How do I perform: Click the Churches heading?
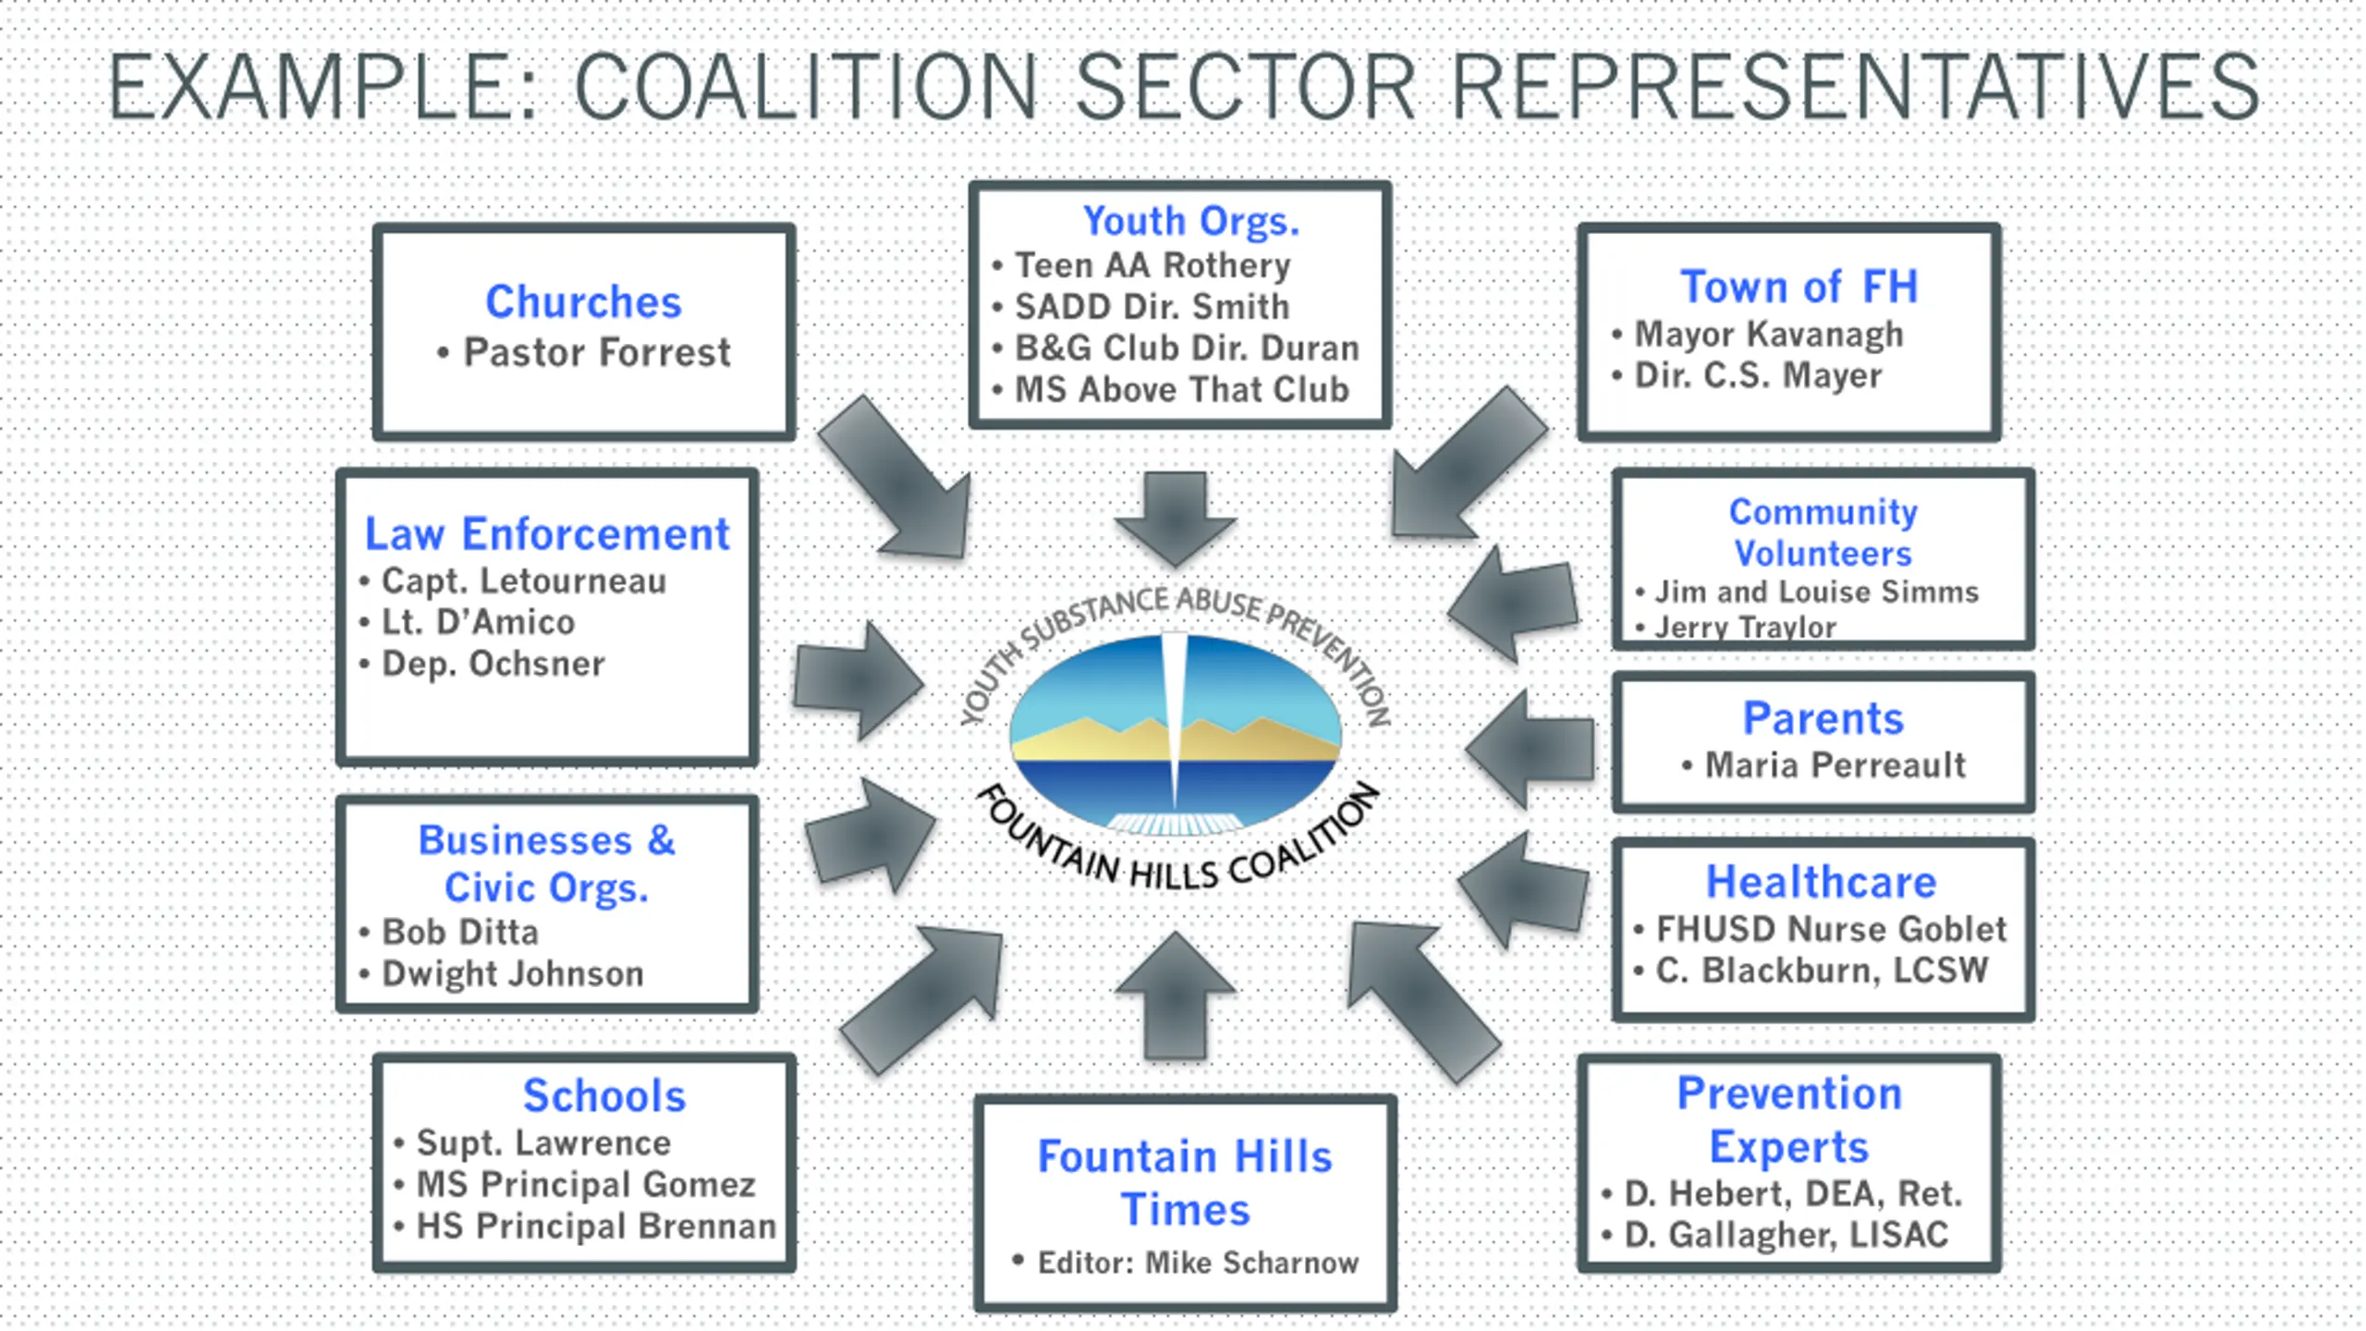click(583, 301)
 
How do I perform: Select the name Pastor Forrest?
click(597, 352)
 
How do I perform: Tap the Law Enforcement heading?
click(547, 533)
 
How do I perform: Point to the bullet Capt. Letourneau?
click(524, 580)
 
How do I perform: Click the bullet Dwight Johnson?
click(513, 973)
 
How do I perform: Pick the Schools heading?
click(604, 1095)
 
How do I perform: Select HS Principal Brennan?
click(596, 1226)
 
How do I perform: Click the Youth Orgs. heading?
click(1191, 221)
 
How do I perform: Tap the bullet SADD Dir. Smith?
click(1152, 306)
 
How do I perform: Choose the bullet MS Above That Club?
click(1182, 389)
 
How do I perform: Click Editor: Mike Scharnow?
click(1198, 1262)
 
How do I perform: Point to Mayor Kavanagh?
click(1769, 334)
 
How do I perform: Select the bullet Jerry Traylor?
click(1745, 627)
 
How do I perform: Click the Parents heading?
click(1823, 718)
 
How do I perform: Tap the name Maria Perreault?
click(1835, 764)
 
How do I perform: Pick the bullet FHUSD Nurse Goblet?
click(1831, 928)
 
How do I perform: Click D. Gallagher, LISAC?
click(1786, 1234)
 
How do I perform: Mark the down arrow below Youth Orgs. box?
click(1175, 519)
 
